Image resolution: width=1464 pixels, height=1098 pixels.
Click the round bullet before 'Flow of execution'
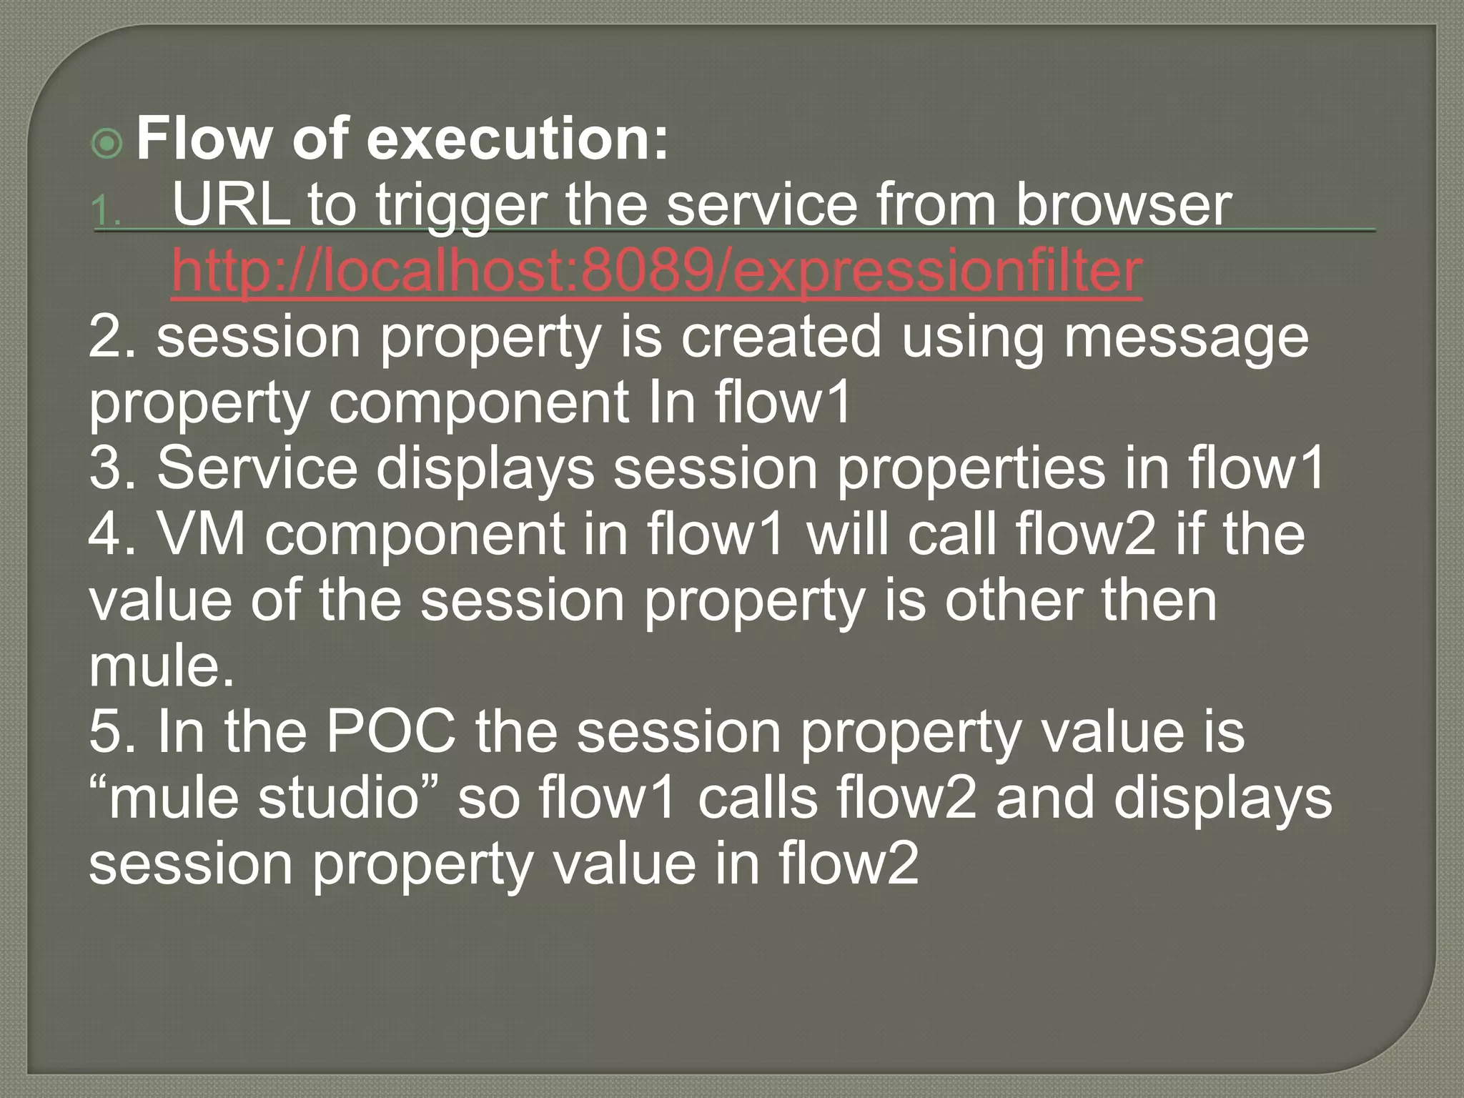(x=108, y=144)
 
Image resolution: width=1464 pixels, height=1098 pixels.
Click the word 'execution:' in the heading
(x=518, y=139)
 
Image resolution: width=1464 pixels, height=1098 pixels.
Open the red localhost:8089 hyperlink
(x=656, y=272)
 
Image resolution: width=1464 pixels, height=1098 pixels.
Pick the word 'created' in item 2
(x=781, y=337)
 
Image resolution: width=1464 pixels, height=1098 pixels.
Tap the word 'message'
(x=1186, y=337)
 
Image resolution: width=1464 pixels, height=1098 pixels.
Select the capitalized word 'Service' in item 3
(x=257, y=468)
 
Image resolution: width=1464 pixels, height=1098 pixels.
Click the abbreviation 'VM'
(x=202, y=534)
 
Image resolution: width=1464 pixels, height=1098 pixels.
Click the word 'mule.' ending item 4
(x=162, y=666)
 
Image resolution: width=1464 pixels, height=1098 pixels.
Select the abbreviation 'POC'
(x=391, y=732)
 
